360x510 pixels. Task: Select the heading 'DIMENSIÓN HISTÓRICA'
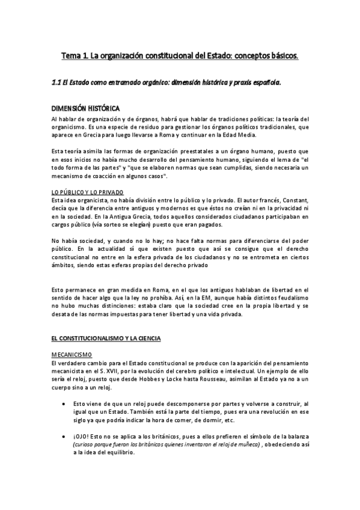tap(85, 108)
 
